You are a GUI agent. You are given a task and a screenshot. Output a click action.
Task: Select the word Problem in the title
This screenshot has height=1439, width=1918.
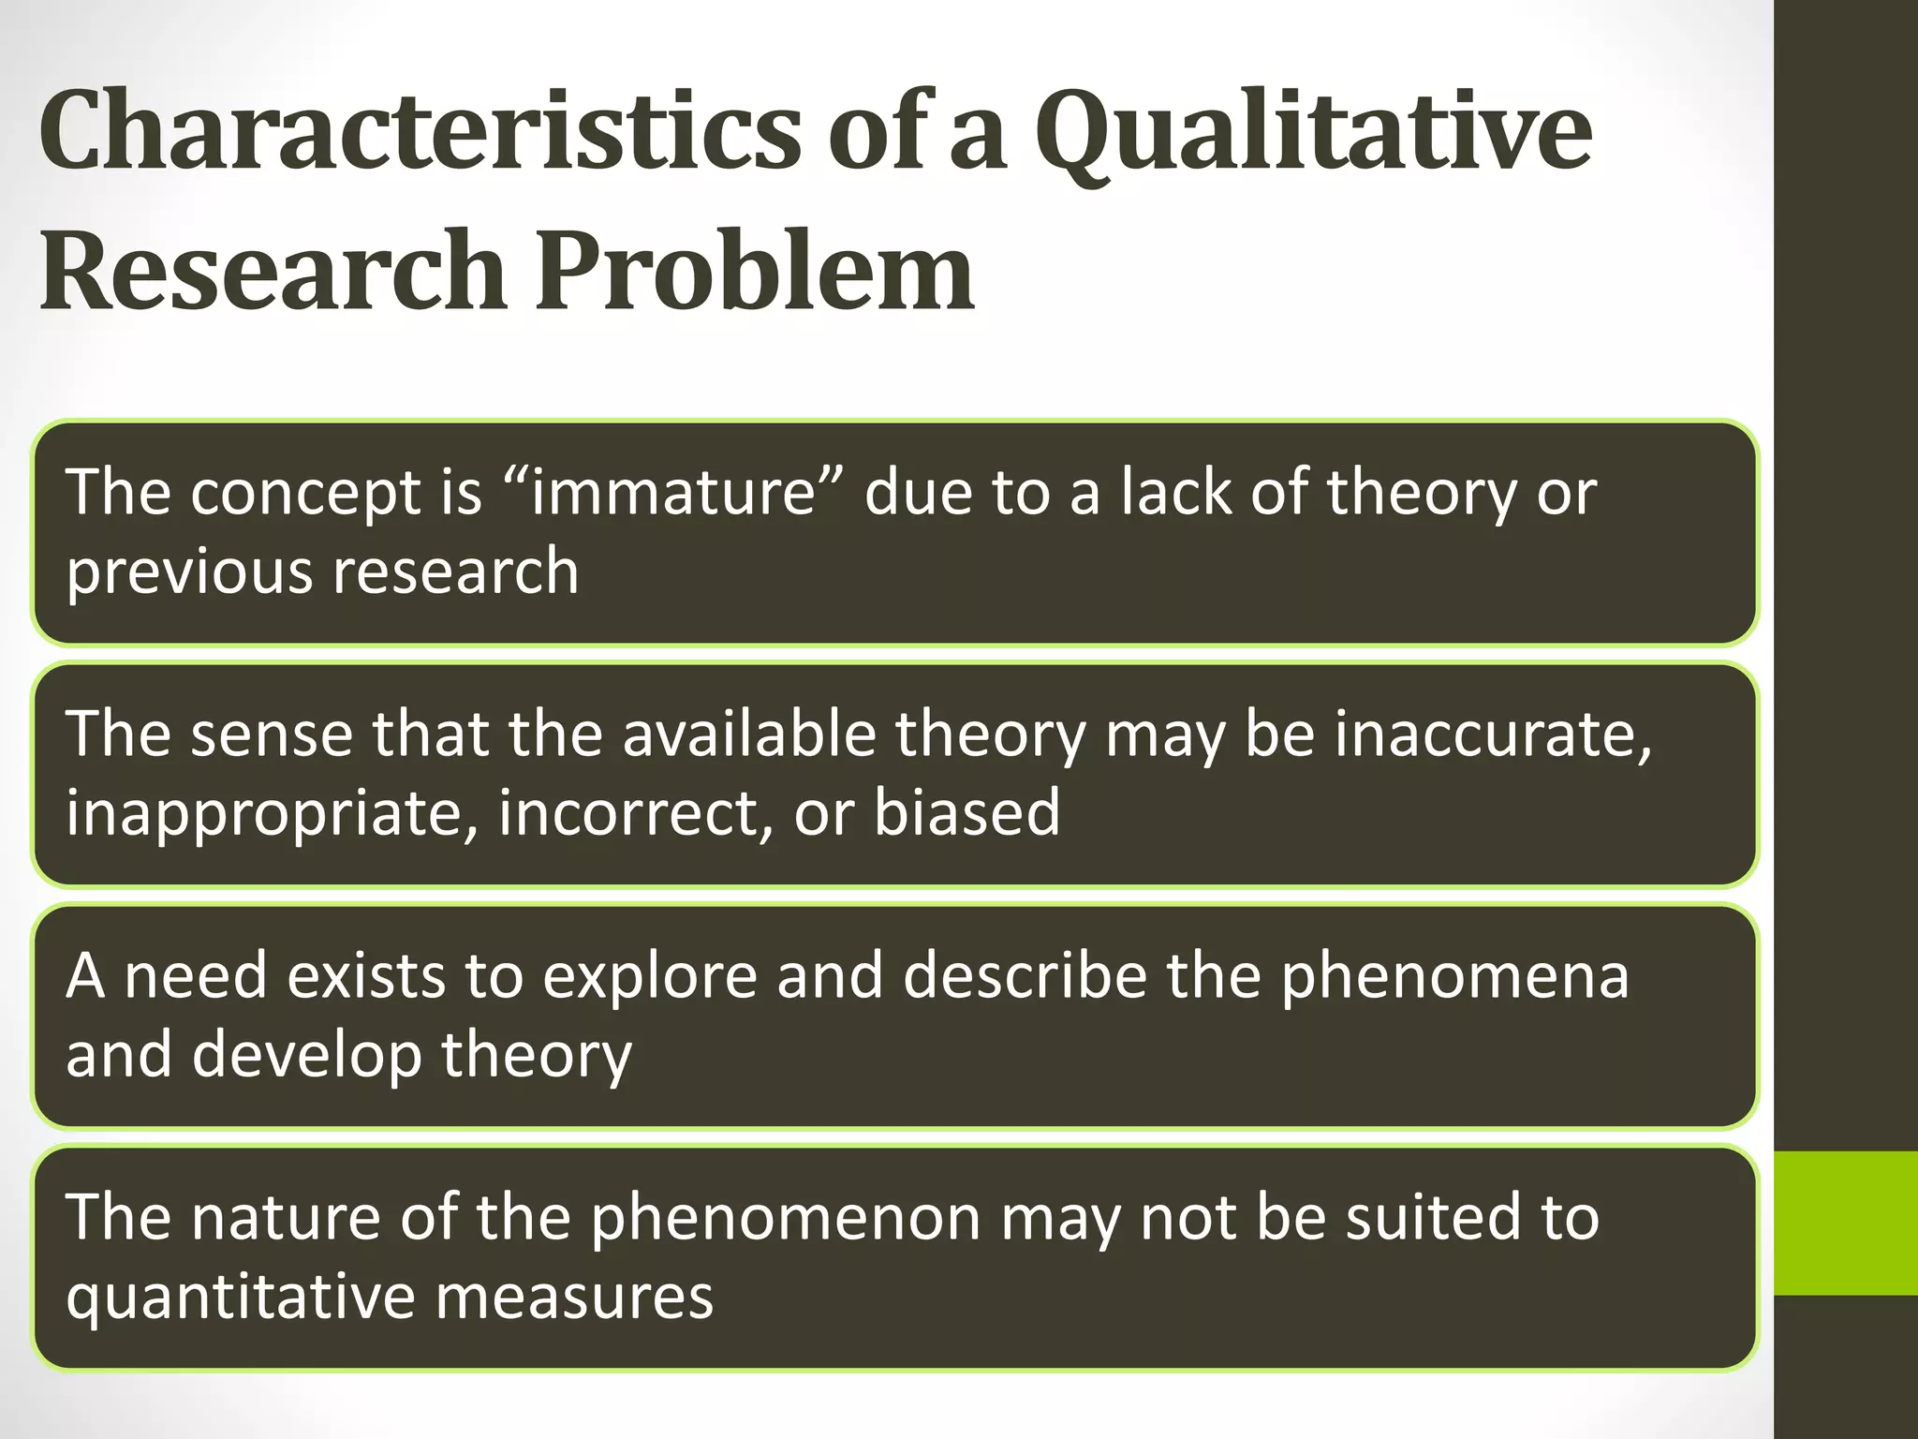pos(755,272)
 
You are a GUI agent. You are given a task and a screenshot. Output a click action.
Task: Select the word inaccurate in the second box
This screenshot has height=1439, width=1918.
pos(1493,734)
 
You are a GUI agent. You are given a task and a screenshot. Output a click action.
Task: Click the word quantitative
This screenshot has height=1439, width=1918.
pos(241,1298)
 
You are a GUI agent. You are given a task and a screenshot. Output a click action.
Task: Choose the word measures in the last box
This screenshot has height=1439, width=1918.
pos(574,1297)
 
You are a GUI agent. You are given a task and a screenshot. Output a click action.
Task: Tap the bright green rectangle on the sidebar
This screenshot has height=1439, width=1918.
pos(1845,1224)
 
